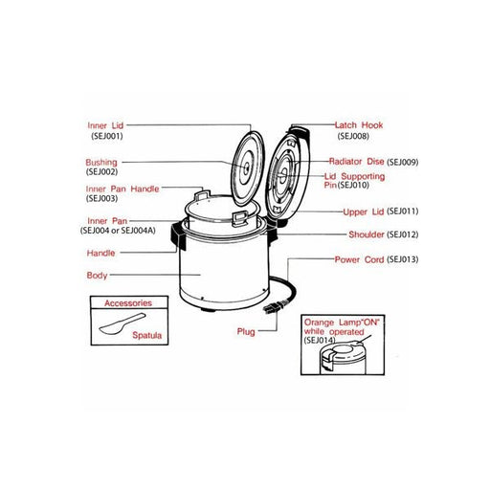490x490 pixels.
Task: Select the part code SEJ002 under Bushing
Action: point(101,172)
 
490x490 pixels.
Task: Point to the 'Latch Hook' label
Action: point(360,125)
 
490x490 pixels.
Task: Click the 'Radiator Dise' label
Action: point(356,162)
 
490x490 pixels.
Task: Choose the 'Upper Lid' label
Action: point(363,211)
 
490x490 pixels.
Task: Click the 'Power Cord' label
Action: point(359,259)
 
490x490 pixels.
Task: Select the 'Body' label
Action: point(97,275)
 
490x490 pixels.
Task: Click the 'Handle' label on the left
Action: point(100,254)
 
